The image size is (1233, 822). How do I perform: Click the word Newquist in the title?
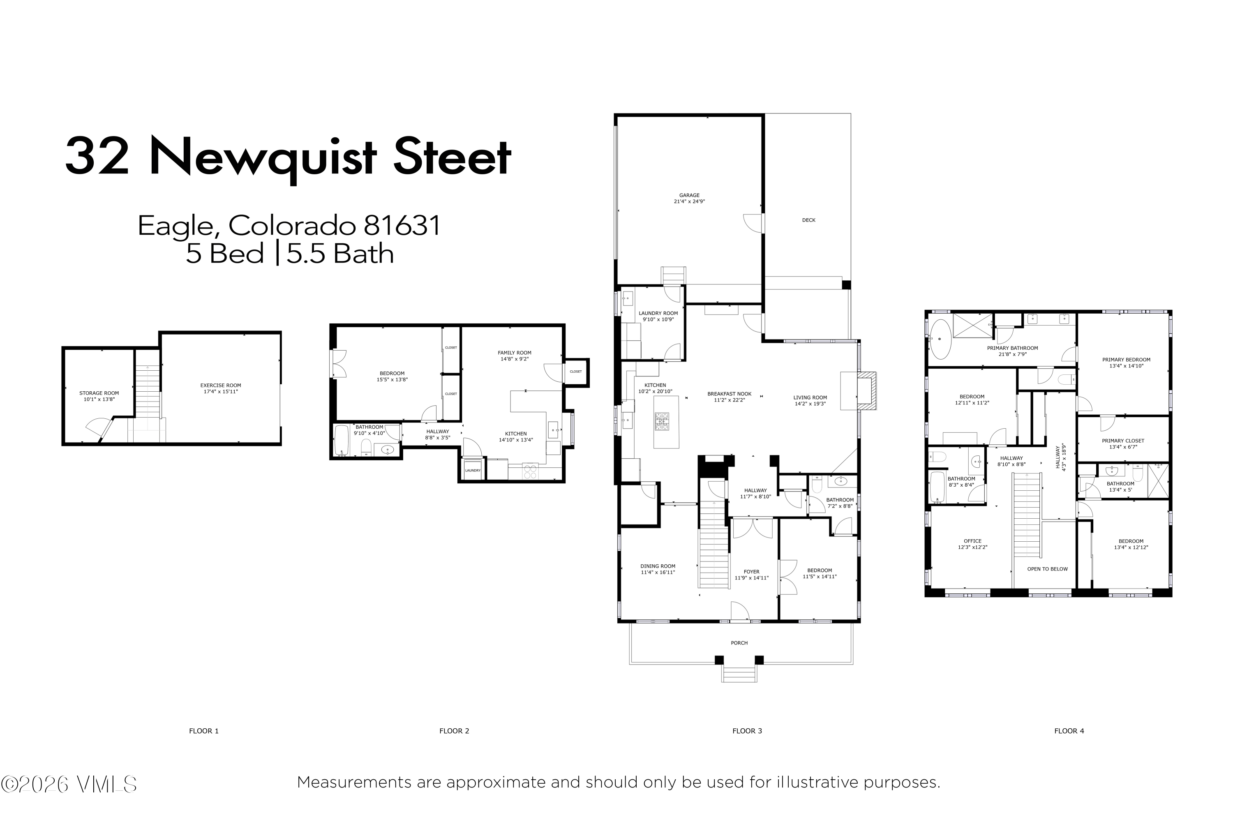click(x=263, y=158)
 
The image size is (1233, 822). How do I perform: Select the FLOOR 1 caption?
click(x=204, y=731)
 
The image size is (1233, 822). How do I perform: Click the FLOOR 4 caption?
click(x=1069, y=731)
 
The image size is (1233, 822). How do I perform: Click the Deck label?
click(x=808, y=220)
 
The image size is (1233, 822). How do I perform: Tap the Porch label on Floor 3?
click(x=739, y=643)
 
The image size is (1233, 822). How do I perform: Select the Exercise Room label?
click(x=221, y=386)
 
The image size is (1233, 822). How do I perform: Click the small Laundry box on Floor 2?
click(x=473, y=470)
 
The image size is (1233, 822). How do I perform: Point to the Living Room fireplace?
click(x=859, y=390)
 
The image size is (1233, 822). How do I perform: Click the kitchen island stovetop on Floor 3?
click(x=662, y=422)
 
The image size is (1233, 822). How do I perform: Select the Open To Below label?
click(x=1047, y=569)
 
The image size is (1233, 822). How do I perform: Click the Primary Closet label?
click(x=1123, y=441)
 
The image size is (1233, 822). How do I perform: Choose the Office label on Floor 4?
click(x=972, y=541)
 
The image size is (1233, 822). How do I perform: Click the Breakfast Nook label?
click(x=729, y=394)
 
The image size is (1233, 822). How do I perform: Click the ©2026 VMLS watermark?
click(x=69, y=784)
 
